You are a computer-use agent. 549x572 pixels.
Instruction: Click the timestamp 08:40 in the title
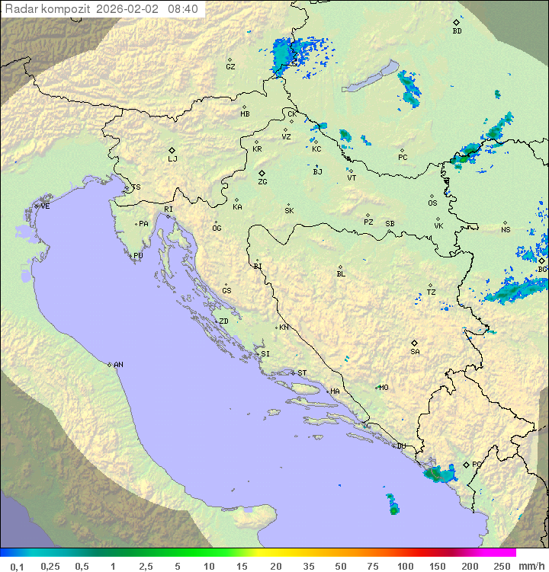tap(182, 9)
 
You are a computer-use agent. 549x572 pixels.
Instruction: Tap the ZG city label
tap(262, 182)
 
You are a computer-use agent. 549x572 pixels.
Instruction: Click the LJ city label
tap(172, 159)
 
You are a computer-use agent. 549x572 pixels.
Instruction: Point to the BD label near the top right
tap(457, 31)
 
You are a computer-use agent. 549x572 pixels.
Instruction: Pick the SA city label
tap(415, 352)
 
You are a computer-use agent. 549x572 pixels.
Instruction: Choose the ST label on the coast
tap(302, 373)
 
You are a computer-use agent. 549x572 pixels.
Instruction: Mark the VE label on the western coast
tap(45, 206)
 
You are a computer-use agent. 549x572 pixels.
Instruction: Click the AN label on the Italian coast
tap(118, 365)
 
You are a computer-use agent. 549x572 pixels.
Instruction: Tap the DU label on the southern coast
tap(400, 446)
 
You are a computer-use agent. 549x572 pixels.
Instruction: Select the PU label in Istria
tap(138, 256)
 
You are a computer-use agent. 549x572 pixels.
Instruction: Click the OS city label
tap(432, 203)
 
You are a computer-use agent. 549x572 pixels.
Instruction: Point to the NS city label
tap(506, 230)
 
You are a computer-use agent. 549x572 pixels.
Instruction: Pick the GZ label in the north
tap(230, 67)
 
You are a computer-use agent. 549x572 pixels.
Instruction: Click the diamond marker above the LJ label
tap(172, 150)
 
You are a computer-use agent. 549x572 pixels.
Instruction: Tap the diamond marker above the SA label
tap(415, 343)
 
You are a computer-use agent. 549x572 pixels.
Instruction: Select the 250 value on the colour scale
tap(501, 566)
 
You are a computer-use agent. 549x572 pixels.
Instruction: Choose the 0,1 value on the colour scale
tap(17, 566)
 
